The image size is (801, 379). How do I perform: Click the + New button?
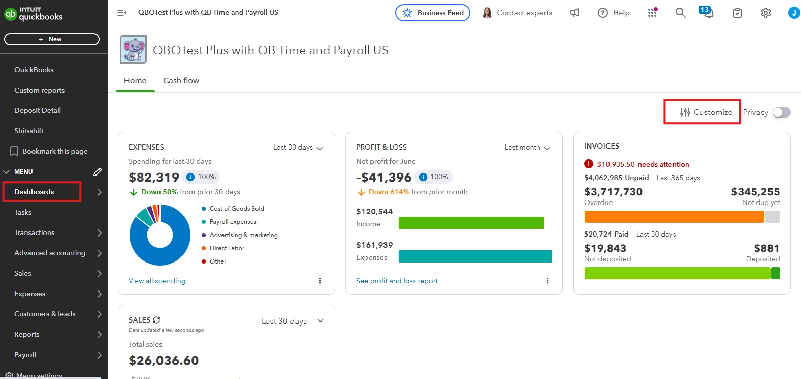(51, 39)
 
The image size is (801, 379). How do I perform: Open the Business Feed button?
(432, 13)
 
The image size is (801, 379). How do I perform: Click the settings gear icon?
(765, 13)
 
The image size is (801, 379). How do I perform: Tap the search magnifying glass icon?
(680, 13)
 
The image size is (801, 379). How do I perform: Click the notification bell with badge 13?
(707, 12)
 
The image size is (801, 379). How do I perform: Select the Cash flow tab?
(181, 80)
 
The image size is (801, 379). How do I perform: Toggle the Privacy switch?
(781, 112)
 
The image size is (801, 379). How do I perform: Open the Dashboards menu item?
(34, 192)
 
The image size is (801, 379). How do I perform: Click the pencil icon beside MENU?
(97, 172)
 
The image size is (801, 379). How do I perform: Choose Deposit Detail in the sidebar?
(38, 110)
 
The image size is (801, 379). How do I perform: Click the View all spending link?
(157, 281)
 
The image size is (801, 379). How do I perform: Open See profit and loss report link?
(397, 281)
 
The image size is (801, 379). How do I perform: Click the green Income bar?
(471, 223)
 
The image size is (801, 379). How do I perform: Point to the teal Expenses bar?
(475, 256)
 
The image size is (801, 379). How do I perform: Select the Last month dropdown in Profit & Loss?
(527, 147)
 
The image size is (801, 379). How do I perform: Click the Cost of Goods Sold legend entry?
(233, 209)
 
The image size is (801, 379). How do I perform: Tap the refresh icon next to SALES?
(156, 320)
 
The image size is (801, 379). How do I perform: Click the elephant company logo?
(133, 49)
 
